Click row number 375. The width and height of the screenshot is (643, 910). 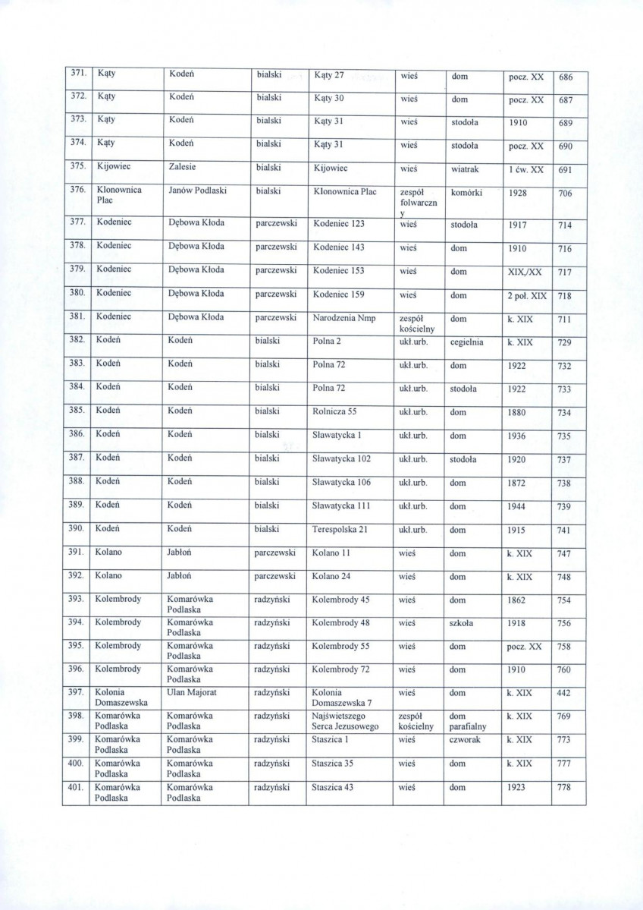tap(76, 168)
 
